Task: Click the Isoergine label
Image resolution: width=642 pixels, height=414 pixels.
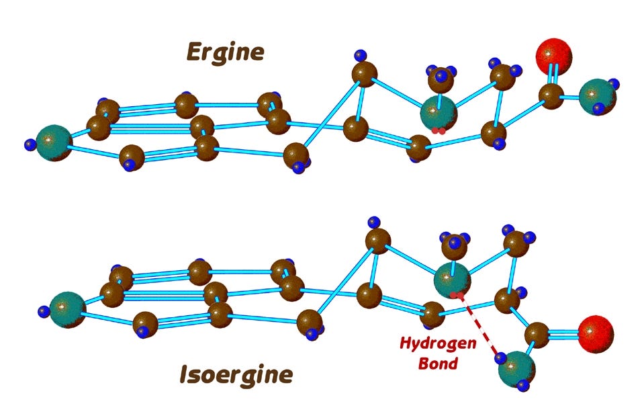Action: [x=236, y=374]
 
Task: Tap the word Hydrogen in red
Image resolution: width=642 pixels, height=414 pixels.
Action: [x=439, y=343]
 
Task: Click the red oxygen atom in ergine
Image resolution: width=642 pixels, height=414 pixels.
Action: [x=554, y=56]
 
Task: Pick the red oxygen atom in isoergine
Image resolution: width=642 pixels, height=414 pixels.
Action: [x=596, y=331]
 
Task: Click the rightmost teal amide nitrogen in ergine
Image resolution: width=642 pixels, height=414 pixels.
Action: [x=596, y=96]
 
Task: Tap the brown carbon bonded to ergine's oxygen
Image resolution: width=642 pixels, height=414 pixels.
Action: [x=552, y=96]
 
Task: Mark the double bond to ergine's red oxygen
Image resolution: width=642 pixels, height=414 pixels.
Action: [x=553, y=76]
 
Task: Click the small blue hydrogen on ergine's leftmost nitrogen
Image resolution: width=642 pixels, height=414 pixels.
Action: [x=30, y=144]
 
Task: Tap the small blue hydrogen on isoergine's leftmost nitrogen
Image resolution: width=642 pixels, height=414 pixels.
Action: [x=44, y=311]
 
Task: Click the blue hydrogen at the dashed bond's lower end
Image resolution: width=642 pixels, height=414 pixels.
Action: [x=500, y=358]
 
